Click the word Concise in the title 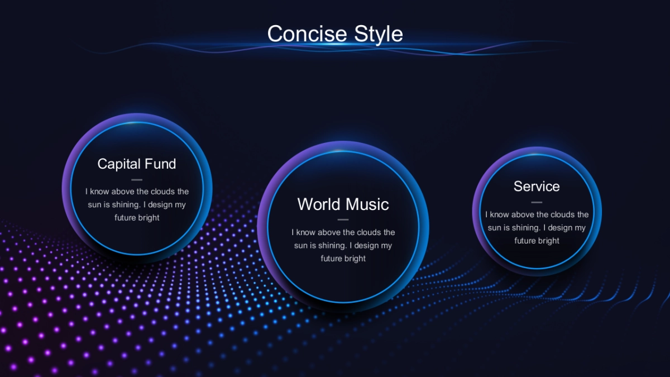click(308, 34)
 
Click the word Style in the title click(379, 35)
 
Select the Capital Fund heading click(137, 164)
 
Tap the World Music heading click(343, 204)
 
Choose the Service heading click(537, 187)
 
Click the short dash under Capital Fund click(137, 180)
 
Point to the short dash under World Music click(343, 219)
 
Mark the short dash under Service click(537, 203)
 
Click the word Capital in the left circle click(119, 164)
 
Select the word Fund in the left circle click(160, 164)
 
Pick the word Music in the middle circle click(367, 204)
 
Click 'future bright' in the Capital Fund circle click(137, 218)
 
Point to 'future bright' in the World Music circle click(343, 259)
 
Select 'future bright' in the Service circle click(537, 241)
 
